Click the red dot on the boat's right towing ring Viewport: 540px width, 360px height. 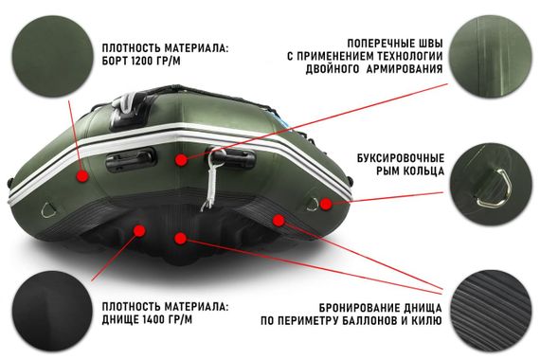pos(325,203)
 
